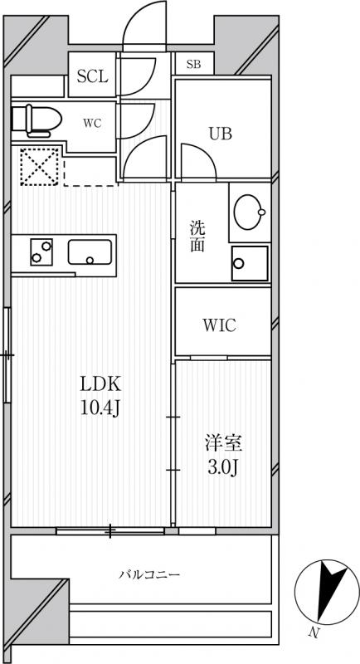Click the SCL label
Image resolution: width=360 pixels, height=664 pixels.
click(92, 77)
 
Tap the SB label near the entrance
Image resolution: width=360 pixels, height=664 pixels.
click(193, 64)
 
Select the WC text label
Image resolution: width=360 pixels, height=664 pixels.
click(91, 123)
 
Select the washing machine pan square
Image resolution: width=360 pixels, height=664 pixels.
click(250, 264)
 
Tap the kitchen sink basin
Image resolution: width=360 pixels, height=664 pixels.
click(91, 251)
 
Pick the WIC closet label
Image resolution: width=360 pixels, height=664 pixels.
click(219, 325)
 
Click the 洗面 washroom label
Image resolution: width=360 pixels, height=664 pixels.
click(197, 237)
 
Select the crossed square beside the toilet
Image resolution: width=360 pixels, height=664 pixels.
click(37, 164)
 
